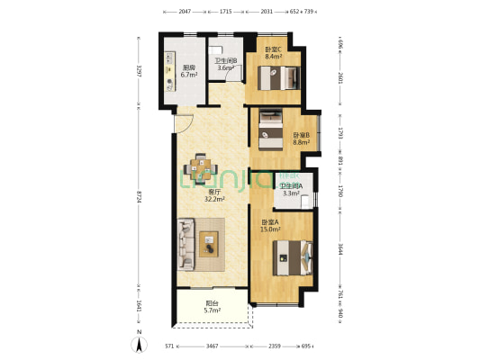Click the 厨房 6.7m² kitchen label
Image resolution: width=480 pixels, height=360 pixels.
(x=190, y=71)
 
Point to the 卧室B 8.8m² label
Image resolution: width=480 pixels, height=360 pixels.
(x=301, y=139)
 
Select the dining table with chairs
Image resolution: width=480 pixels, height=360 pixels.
(x=201, y=166)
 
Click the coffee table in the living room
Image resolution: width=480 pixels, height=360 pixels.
(x=209, y=240)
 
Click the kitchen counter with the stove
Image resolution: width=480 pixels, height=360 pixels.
(x=170, y=71)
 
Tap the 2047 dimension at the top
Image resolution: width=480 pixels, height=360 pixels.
(x=184, y=12)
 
